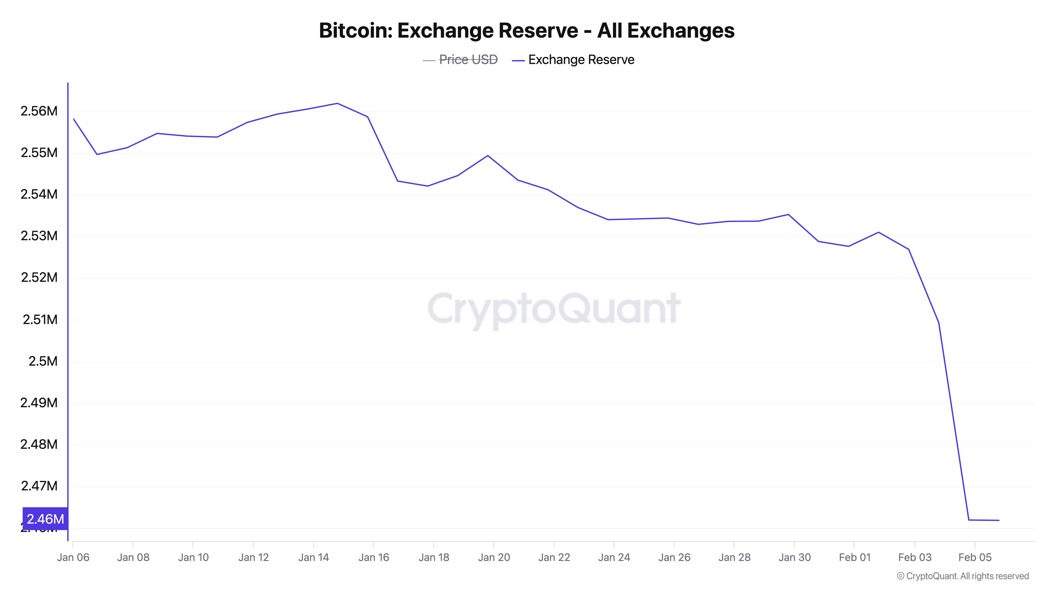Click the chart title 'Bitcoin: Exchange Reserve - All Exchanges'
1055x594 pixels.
[x=527, y=31]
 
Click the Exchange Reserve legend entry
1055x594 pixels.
[x=581, y=60]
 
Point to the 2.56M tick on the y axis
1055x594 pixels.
[x=39, y=111]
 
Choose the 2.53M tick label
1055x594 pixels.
[x=39, y=236]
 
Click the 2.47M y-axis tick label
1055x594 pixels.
[x=39, y=486]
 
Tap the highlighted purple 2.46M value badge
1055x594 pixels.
[x=45, y=519]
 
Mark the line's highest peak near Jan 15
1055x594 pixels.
[x=337, y=103]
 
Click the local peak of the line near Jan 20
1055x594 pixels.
[x=488, y=156]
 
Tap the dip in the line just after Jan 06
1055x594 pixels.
[x=97, y=154]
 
